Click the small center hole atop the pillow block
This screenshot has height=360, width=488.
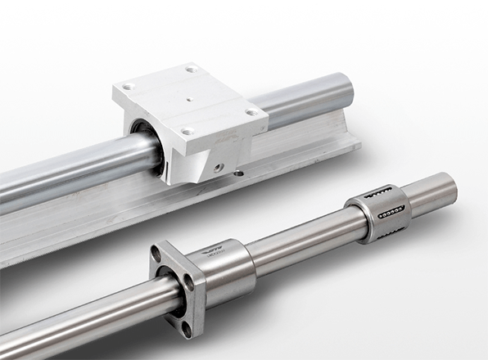point(190,101)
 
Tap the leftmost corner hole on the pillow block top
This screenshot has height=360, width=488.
point(127,87)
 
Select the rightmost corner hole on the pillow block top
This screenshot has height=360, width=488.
point(252,112)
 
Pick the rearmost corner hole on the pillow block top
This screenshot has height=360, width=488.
point(192,70)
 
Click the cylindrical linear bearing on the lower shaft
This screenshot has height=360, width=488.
point(377,214)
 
